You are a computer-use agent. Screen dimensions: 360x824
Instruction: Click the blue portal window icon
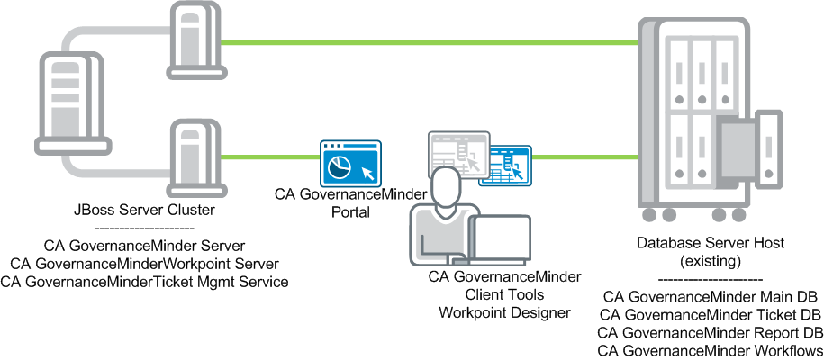tap(350, 164)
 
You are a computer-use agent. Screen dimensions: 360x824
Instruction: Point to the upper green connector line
tap(423, 41)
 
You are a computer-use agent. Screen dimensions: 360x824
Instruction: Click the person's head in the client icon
tap(447, 185)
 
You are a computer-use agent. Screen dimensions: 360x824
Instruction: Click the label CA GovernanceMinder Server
tap(144, 245)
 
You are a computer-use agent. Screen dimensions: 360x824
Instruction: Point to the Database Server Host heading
tap(711, 243)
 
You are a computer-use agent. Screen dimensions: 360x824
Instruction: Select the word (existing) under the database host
tap(711, 260)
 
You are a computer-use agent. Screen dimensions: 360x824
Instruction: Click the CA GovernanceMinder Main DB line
tap(711, 296)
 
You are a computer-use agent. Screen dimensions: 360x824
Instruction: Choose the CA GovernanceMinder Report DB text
tap(711, 332)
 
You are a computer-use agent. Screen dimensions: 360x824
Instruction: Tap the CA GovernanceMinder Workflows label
tap(711, 349)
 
